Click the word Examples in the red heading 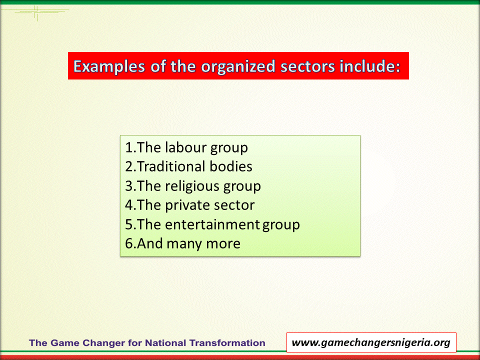click(109, 66)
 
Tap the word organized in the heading click(238, 66)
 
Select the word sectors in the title click(307, 66)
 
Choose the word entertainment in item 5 click(212, 224)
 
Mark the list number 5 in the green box click(129, 224)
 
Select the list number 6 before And click(129, 243)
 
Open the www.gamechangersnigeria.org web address click(371, 342)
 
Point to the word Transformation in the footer click(227, 343)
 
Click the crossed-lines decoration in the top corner click(36, 12)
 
